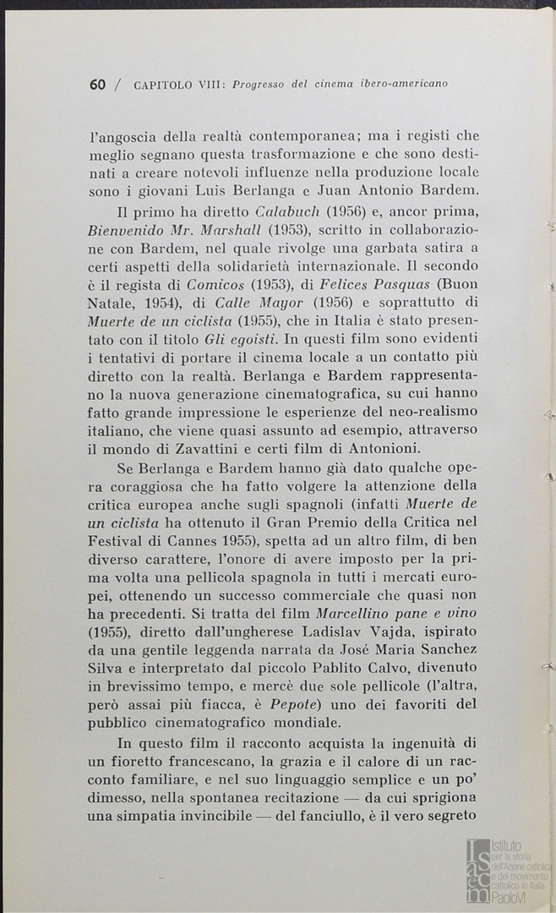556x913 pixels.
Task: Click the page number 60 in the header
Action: pyautogui.click(x=97, y=85)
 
